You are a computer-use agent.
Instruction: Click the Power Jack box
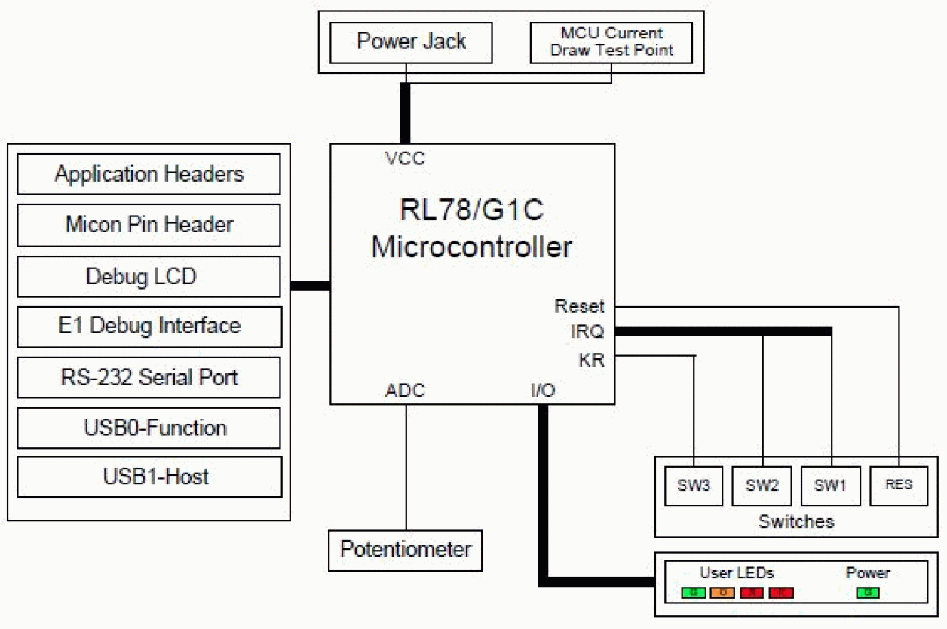(x=411, y=42)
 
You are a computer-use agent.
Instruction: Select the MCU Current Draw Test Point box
(x=611, y=42)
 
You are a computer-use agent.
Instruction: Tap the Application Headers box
(x=149, y=174)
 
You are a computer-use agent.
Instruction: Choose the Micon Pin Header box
(x=149, y=225)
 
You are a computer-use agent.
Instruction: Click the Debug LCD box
(x=149, y=276)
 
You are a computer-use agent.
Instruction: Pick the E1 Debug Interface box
(x=149, y=326)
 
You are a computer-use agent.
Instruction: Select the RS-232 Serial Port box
(x=149, y=376)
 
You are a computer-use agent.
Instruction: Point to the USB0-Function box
(x=149, y=428)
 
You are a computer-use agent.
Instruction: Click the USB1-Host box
(x=149, y=477)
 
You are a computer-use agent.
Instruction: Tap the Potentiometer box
(x=406, y=549)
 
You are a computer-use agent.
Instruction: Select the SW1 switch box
(x=830, y=486)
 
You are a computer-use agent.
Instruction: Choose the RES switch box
(x=899, y=485)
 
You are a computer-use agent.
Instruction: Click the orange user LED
(x=722, y=593)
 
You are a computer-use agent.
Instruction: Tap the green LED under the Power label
(x=868, y=593)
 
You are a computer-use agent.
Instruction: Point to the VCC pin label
(x=405, y=159)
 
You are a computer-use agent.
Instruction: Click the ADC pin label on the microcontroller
(x=405, y=391)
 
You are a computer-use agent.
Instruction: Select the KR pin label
(x=591, y=361)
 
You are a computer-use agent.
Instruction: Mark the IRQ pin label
(x=587, y=333)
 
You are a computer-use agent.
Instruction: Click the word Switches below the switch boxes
(x=795, y=521)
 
